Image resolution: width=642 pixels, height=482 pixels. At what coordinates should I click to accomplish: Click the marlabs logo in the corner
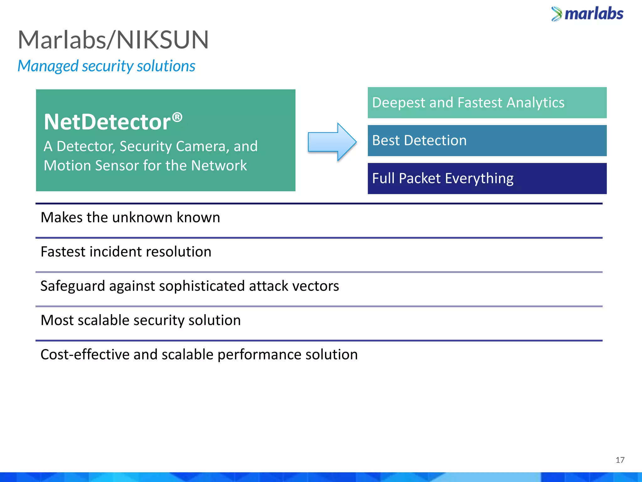pyautogui.click(x=587, y=14)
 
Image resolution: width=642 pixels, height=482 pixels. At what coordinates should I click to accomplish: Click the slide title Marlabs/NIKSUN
pyautogui.click(x=113, y=40)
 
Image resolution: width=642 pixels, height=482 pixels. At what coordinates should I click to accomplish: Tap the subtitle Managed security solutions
pyautogui.click(x=106, y=66)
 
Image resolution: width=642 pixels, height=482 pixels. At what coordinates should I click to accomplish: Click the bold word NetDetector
pyautogui.click(x=107, y=122)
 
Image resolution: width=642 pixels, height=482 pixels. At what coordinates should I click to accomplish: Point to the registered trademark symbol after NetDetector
pyautogui.click(x=177, y=117)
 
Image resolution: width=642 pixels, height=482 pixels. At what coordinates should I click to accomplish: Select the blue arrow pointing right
pyautogui.click(x=332, y=142)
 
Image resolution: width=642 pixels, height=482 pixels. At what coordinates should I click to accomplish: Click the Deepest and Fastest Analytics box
pyautogui.click(x=487, y=103)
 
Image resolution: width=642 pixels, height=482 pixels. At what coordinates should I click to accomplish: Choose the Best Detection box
pyautogui.click(x=487, y=141)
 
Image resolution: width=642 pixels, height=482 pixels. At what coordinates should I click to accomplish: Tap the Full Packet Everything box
pyautogui.click(x=487, y=179)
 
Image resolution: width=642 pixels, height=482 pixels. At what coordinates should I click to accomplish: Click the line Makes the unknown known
pyautogui.click(x=130, y=217)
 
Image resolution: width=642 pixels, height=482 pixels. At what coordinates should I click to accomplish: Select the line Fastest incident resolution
pyautogui.click(x=126, y=252)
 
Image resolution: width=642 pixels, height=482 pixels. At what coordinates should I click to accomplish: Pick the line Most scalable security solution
pyautogui.click(x=141, y=320)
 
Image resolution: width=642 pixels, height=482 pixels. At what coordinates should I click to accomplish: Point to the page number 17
pyautogui.click(x=620, y=460)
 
